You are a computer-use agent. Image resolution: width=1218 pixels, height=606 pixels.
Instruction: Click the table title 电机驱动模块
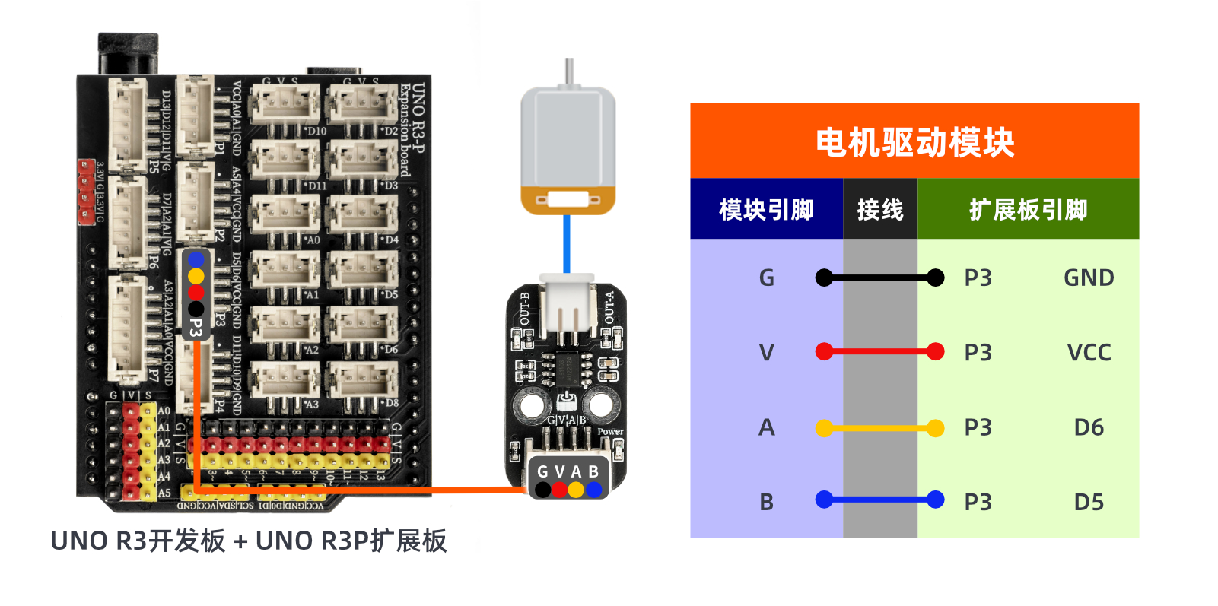click(914, 142)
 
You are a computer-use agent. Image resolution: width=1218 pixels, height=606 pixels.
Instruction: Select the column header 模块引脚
click(766, 209)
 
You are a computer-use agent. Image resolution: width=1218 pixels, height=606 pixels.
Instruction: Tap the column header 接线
click(880, 209)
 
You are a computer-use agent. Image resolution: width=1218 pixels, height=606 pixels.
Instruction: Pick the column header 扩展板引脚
click(1028, 209)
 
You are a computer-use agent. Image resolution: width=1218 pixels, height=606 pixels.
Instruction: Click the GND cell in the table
click(1089, 278)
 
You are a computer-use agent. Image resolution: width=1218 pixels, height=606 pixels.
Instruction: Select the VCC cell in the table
click(1089, 352)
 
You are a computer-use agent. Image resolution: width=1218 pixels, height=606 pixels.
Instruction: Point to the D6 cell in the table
click(1089, 427)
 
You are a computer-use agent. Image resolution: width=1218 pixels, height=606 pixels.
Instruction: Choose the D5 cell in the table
click(1089, 502)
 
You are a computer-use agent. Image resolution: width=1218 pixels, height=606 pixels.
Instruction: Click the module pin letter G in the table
click(766, 278)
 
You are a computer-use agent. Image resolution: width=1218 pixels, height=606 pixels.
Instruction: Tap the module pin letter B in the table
click(766, 502)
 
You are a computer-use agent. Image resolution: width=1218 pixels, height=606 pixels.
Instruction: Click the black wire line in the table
click(880, 278)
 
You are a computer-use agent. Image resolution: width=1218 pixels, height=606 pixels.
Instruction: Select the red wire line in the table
click(880, 352)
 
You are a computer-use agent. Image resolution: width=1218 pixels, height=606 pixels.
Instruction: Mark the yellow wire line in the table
click(880, 428)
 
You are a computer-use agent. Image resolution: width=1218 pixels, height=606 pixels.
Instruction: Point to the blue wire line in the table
click(880, 500)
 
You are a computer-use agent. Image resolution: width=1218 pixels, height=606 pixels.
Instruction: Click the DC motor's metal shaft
click(568, 73)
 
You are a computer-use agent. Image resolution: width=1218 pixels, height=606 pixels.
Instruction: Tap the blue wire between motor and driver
click(567, 243)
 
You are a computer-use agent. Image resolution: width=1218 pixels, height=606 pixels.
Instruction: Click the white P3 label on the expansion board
click(196, 327)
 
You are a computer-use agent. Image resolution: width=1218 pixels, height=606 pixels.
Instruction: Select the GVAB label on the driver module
click(568, 471)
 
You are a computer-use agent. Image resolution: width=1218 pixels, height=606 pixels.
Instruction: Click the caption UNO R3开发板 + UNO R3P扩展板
click(249, 541)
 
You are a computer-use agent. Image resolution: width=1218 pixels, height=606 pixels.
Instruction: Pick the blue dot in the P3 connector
click(196, 259)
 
